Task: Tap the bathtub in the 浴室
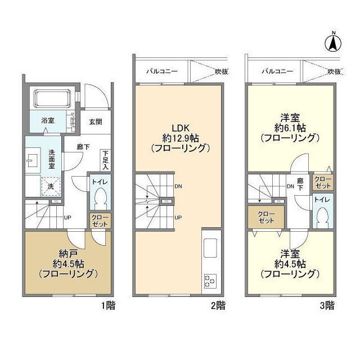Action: pos(52,98)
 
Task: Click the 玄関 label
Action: pos(96,121)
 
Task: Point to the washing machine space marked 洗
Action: pos(51,186)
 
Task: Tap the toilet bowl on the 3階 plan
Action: pos(322,215)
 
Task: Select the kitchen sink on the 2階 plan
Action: pos(210,248)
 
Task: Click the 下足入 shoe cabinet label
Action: pos(105,160)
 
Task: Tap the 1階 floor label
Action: pos(109,305)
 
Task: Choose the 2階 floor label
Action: pos(219,305)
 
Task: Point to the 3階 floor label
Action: pos(327,305)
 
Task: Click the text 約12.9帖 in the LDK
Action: pos(181,138)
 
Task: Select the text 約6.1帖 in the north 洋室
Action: pos(290,128)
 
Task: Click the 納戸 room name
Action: pos(67,254)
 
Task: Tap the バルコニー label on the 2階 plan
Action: pos(162,71)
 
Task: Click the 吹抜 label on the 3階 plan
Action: pos(334,71)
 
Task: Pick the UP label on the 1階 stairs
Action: pos(67,218)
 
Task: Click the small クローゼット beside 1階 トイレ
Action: pos(100,220)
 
